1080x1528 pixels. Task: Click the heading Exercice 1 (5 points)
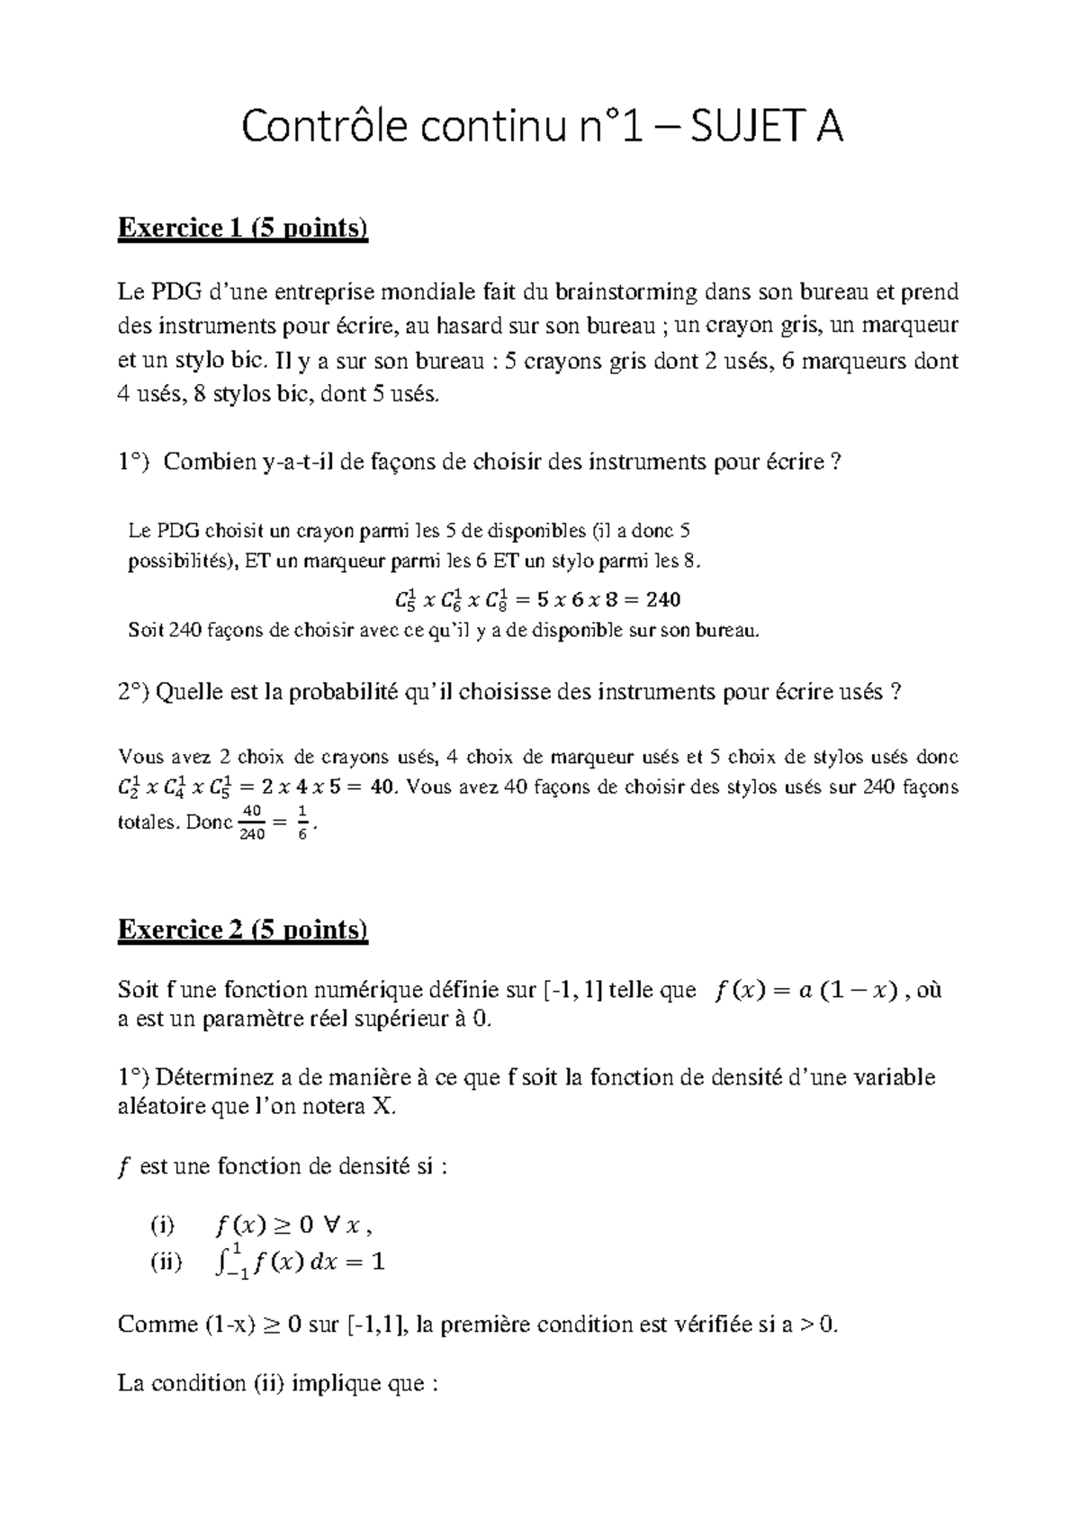[x=243, y=229]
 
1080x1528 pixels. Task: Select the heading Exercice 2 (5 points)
[x=243, y=930]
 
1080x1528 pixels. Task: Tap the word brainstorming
[x=625, y=292]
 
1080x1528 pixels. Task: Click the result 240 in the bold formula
[x=663, y=599]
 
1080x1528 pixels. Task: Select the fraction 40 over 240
[x=252, y=822]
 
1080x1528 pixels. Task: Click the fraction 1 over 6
[x=302, y=822]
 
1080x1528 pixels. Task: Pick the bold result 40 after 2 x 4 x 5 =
[x=382, y=787]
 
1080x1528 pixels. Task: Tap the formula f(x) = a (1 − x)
[x=805, y=991]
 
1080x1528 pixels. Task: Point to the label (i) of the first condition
[x=164, y=1225]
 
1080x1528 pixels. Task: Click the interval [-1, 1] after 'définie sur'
[x=573, y=991]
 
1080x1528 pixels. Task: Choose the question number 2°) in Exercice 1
[x=134, y=693]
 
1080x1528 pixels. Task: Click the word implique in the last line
[x=336, y=1382]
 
